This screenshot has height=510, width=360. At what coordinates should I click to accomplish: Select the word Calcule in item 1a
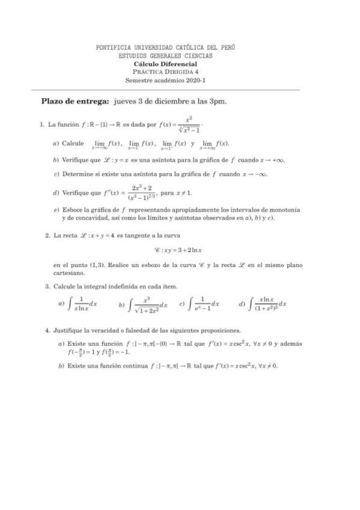point(73,144)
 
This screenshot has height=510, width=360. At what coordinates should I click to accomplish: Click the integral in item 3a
point(84,305)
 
